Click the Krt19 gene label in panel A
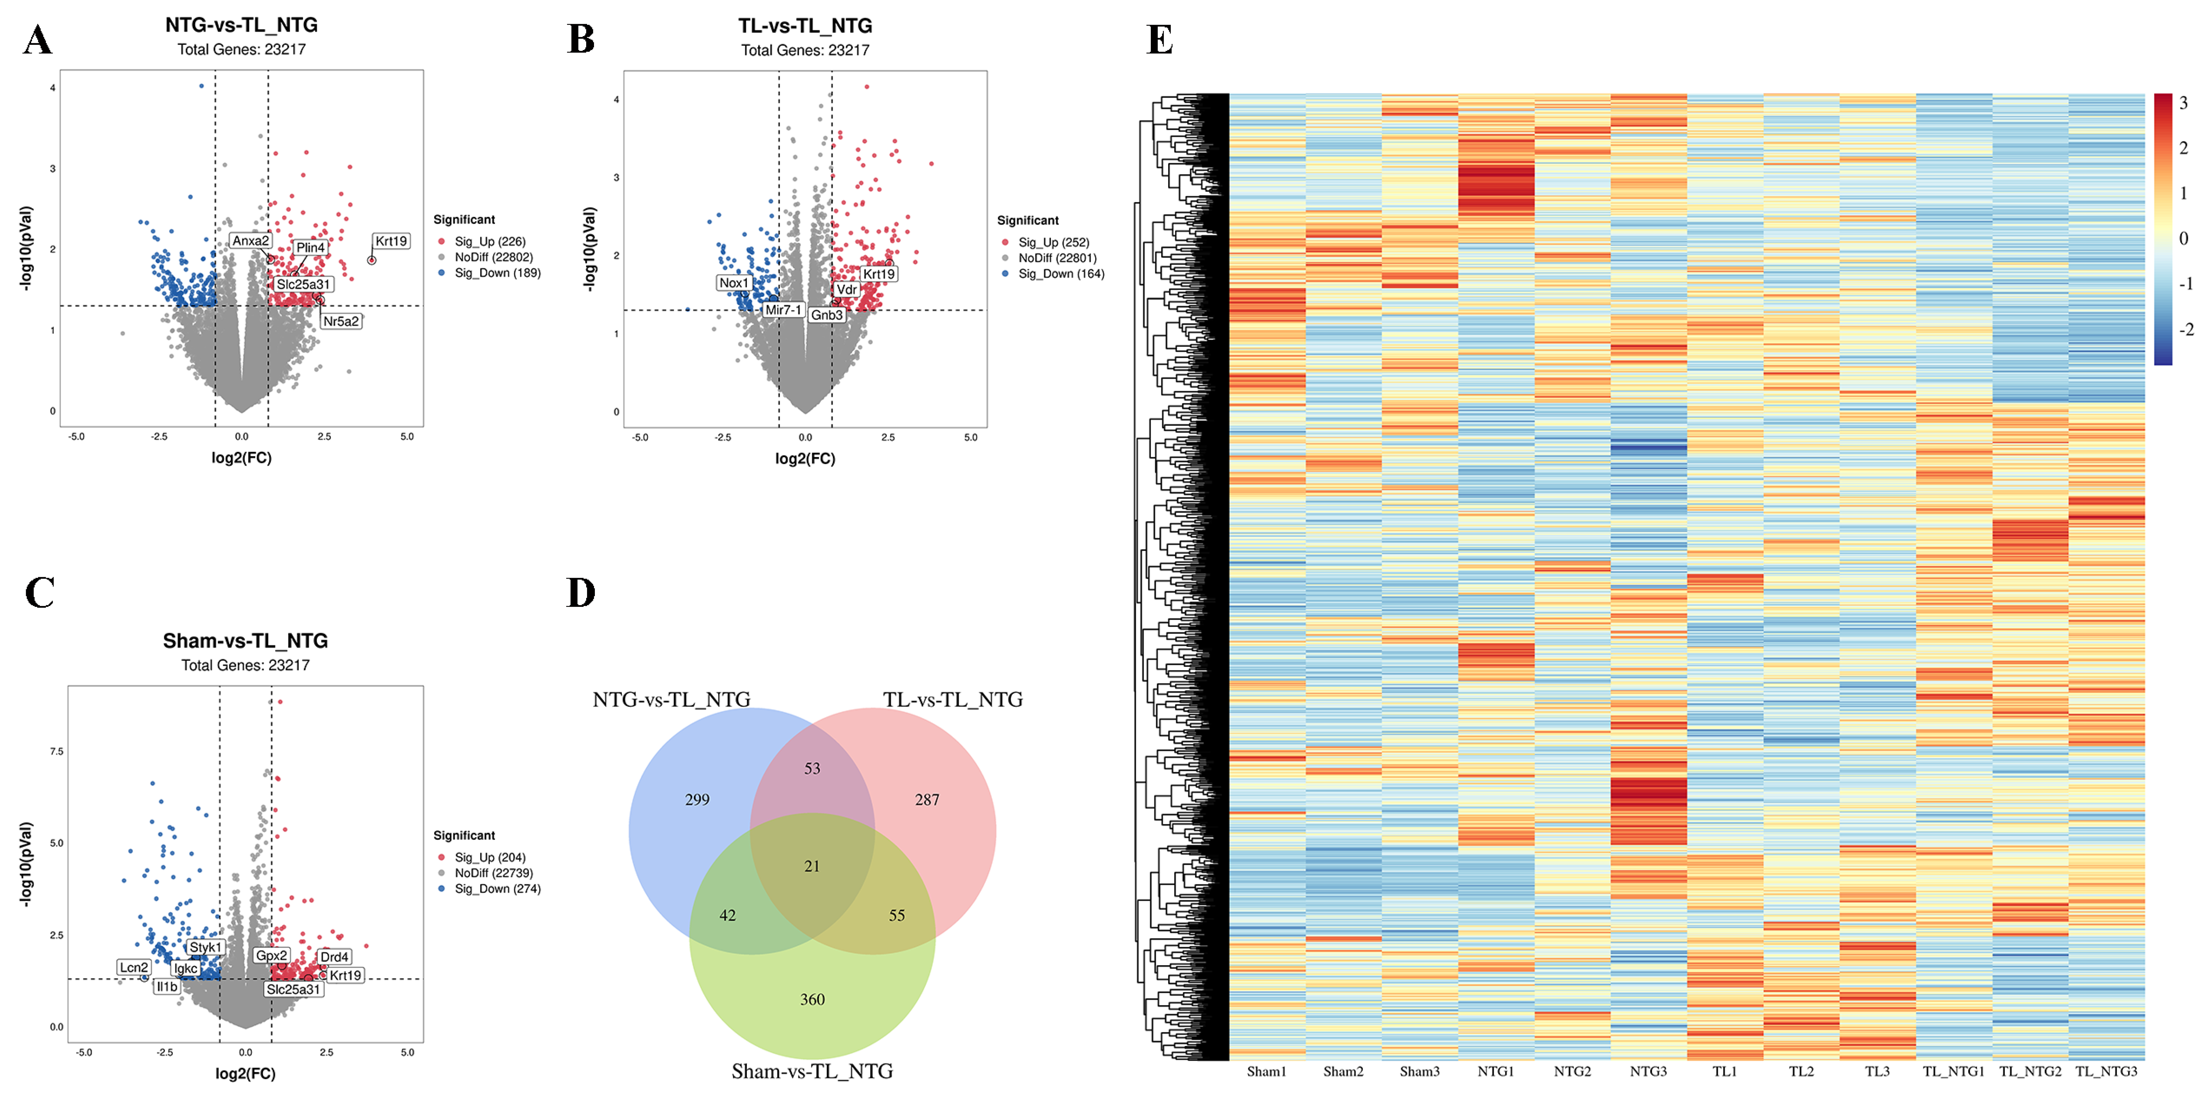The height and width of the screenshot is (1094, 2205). [391, 241]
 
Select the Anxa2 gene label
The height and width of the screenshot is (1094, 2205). [251, 240]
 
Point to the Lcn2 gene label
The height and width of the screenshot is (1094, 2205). [134, 967]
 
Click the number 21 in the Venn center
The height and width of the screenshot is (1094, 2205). [811, 866]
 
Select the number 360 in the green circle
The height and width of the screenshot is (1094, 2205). [811, 999]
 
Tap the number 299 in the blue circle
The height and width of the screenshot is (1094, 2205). [697, 800]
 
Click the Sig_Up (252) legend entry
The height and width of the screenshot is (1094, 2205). [1053, 242]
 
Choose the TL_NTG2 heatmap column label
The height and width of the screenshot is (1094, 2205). [2029, 1071]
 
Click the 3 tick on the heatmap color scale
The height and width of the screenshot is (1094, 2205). [2183, 103]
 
